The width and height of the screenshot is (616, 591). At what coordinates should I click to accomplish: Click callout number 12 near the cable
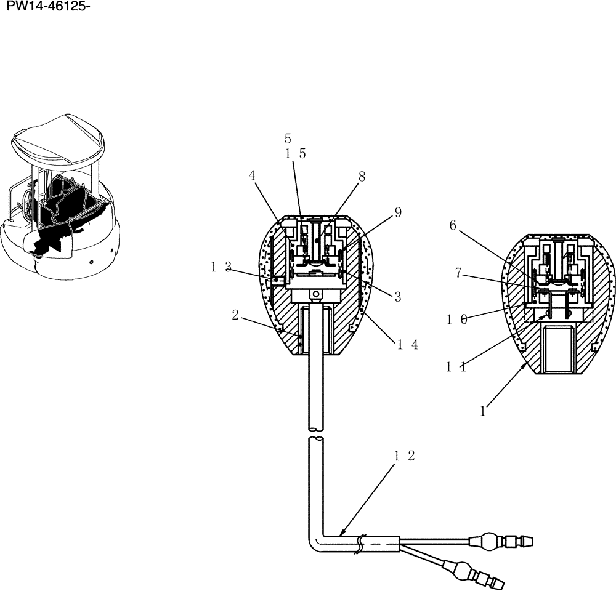404,457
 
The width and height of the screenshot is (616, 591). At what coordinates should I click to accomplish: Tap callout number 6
453,226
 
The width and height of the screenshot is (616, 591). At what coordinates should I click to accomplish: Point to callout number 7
458,273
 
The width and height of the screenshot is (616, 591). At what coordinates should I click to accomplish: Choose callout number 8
362,176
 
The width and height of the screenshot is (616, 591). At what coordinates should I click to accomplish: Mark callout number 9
398,212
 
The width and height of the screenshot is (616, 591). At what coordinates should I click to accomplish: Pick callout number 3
398,297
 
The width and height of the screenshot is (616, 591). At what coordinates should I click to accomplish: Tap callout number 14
408,345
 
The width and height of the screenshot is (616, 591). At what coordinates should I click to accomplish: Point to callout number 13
221,267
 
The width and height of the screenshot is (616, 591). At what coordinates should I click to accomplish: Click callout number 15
295,155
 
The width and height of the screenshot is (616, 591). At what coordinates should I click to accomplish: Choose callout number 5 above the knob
288,139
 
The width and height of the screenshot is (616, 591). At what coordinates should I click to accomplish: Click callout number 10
456,319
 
